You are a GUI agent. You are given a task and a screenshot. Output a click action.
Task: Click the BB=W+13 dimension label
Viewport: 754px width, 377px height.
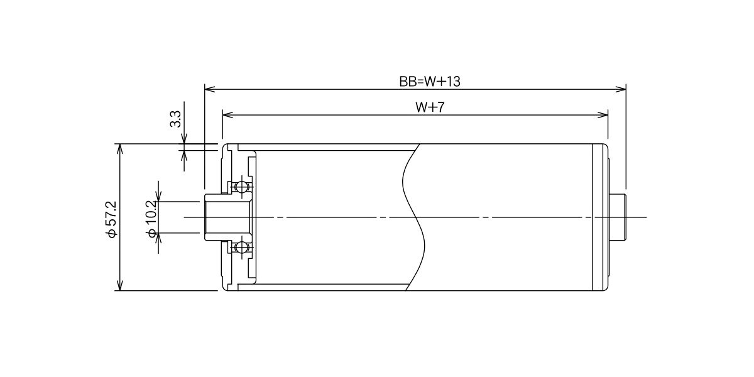coord(430,82)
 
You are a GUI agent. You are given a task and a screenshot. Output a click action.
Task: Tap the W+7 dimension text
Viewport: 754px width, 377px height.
coord(430,107)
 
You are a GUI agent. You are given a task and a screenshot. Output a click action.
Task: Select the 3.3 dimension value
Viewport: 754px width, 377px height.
coord(175,119)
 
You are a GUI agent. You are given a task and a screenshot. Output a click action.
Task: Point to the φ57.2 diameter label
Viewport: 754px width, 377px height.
coord(111,220)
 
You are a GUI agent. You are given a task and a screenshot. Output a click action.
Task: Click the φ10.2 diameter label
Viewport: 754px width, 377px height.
coord(151,219)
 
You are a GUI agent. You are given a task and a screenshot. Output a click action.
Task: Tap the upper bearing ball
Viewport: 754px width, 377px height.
coord(241,187)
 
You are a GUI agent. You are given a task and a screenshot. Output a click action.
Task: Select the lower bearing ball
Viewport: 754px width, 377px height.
coord(241,248)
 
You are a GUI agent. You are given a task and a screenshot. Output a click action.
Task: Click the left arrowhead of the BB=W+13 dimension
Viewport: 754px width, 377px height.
coord(210,89)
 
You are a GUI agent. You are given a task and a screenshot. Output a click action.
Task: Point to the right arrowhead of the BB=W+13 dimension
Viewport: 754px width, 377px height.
coord(621,89)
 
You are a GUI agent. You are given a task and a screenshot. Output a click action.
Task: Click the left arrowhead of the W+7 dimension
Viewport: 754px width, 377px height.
coord(228,115)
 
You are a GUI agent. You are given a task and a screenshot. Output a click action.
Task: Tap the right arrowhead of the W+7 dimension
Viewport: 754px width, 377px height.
coord(603,115)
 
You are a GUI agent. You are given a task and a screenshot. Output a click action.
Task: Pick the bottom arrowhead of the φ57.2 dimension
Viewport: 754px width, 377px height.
coord(119,285)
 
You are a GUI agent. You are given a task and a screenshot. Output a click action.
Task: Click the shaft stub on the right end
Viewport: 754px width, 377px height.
coord(618,217)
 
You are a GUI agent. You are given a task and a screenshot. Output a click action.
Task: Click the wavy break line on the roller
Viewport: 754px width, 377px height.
coord(413,217)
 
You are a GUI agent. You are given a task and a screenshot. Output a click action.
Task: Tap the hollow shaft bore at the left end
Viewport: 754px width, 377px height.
coord(227,217)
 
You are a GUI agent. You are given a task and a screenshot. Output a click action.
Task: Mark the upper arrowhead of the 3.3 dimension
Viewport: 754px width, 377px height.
coord(184,139)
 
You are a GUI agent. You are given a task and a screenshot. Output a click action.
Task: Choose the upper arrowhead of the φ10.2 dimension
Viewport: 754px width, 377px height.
coord(159,196)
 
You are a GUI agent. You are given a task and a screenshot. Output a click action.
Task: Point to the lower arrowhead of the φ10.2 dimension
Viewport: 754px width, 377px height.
coord(159,238)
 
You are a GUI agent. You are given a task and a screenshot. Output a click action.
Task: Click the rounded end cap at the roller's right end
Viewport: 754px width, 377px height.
coord(601,217)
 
